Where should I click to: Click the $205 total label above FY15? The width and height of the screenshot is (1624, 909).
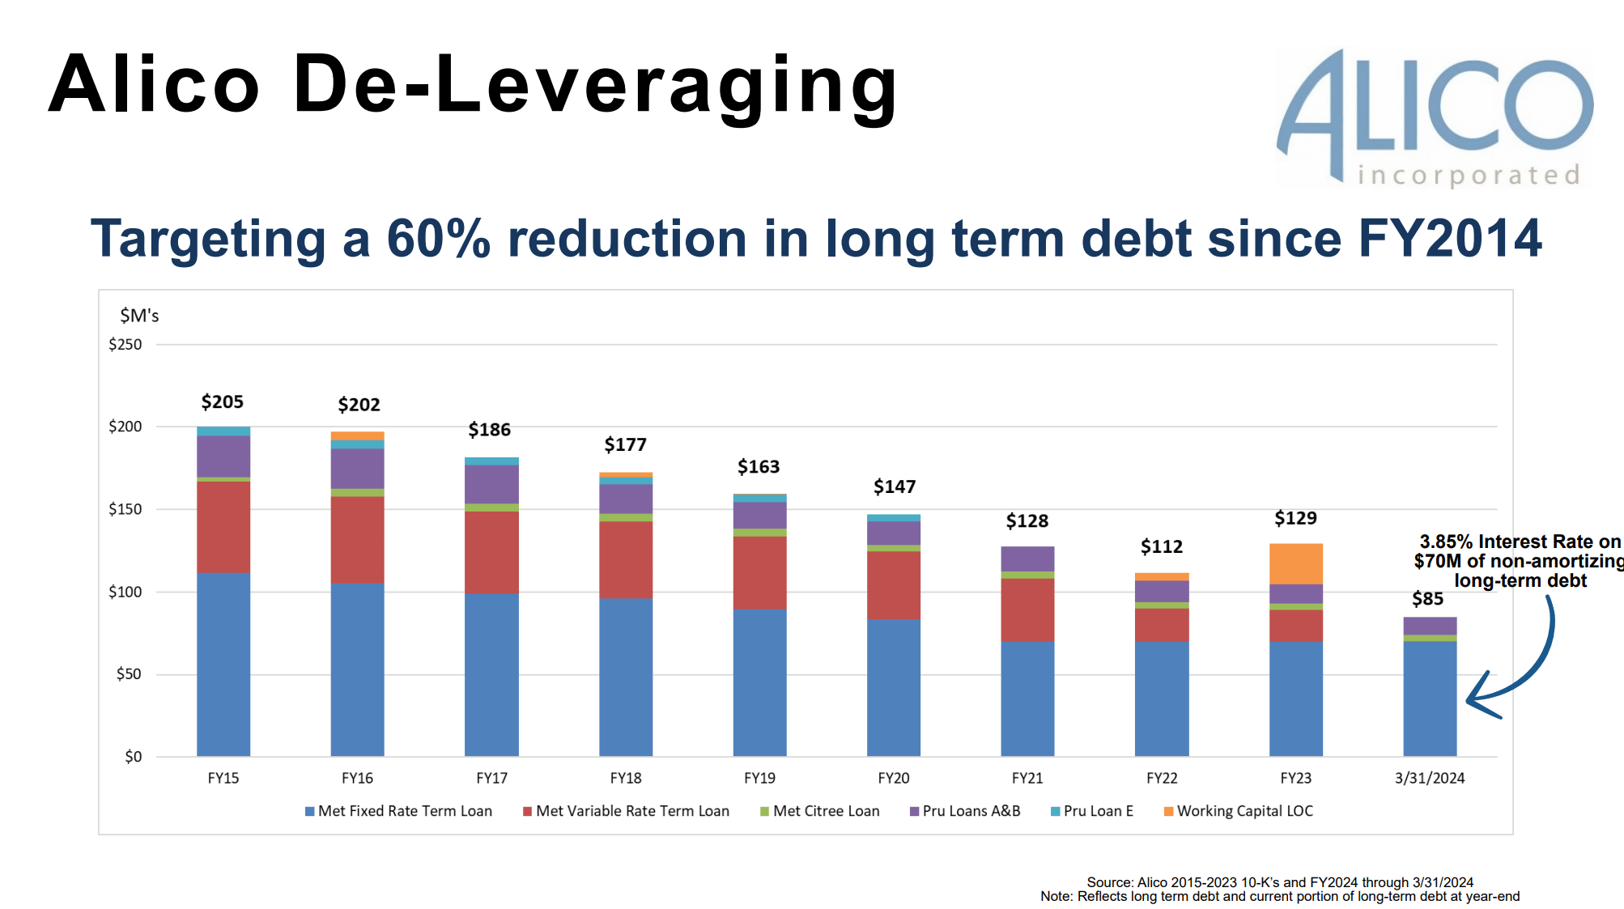223,401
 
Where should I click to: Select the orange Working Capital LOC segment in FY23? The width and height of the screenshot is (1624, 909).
1295,563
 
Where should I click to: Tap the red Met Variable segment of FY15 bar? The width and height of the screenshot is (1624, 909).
223,527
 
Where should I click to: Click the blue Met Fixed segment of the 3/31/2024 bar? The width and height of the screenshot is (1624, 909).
1429,698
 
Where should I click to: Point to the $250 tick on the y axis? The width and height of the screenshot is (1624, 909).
125,345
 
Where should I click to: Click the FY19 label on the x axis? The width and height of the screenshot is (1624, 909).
759,778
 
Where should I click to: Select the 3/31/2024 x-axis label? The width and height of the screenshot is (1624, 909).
1429,778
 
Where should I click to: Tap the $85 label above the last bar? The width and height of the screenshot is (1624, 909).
1427,599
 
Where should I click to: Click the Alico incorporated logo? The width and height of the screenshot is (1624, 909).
1434,117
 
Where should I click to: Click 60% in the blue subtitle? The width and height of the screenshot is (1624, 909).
438,239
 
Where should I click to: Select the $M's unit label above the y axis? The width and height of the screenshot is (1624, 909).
139,316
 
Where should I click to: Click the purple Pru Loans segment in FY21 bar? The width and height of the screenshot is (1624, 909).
1027,559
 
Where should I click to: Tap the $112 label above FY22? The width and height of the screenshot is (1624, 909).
1161,547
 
